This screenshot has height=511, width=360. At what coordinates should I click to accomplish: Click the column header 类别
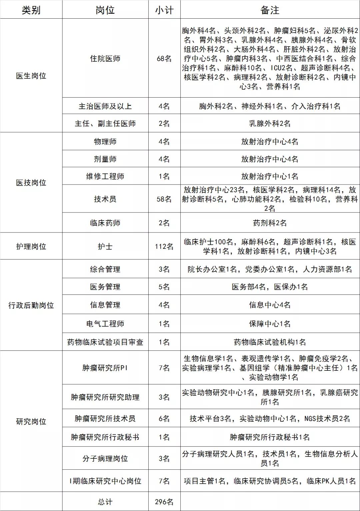(31, 10)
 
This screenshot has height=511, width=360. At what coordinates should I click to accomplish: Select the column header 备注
(270, 10)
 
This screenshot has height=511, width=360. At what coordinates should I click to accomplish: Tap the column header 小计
(164, 10)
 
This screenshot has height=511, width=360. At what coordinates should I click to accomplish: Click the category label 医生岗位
(31, 76)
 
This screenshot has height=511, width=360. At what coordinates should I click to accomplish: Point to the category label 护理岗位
(31, 247)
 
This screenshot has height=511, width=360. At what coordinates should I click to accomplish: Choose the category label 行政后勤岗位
(31, 305)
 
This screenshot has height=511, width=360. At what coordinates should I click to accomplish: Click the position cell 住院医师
(105, 59)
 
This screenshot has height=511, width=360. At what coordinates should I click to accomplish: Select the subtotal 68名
(164, 59)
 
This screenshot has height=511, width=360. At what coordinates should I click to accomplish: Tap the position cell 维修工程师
(105, 176)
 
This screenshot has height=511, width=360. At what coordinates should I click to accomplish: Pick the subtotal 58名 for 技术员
(164, 199)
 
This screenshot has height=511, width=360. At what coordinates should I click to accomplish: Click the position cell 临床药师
(105, 223)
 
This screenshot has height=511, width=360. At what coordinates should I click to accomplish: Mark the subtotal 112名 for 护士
(164, 247)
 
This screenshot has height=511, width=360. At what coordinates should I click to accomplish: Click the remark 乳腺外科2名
(270, 124)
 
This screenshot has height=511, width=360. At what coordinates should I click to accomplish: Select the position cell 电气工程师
(105, 323)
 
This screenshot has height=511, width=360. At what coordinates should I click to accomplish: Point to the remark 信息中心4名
(270, 305)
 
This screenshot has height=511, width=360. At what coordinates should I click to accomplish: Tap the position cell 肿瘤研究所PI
(105, 368)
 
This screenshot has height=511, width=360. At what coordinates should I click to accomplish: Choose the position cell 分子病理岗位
(105, 458)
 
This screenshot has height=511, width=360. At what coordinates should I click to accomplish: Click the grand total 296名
(164, 502)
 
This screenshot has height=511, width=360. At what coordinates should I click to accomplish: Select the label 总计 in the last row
(105, 502)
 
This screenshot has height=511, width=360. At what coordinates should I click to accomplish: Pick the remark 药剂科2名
(270, 223)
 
